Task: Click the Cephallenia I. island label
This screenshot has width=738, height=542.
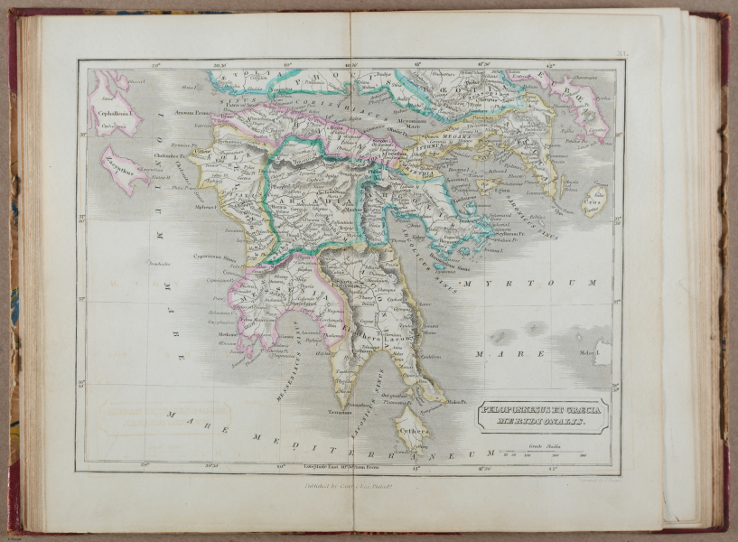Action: click(113, 115)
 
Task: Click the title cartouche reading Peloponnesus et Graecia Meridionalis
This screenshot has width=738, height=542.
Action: click(543, 416)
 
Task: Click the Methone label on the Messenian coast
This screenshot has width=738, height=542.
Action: click(228, 332)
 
